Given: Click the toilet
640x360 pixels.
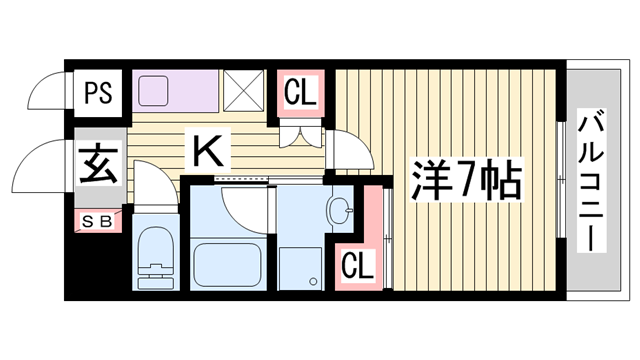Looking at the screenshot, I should pyautogui.click(x=155, y=257).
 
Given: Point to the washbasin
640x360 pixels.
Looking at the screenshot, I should pyautogui.click(x=341, y=211).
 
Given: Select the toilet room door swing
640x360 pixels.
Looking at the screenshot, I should pyautogui.click(x=151, y=190).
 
